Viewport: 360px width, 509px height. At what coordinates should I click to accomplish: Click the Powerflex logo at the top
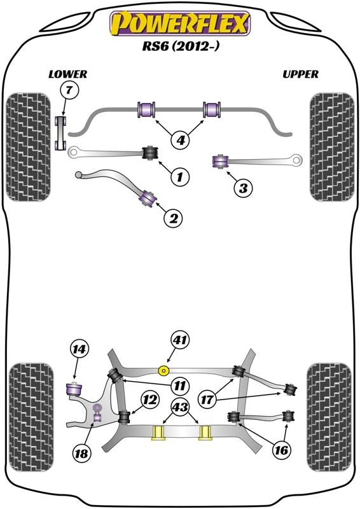[181, 24]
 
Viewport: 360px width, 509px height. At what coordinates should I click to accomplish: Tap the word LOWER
[67, 74]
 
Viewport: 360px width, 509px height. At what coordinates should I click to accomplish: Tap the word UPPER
[300, 74]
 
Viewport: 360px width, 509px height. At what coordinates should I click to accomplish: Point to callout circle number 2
[174, 218]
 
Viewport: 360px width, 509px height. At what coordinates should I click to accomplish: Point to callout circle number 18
[82, 454]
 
